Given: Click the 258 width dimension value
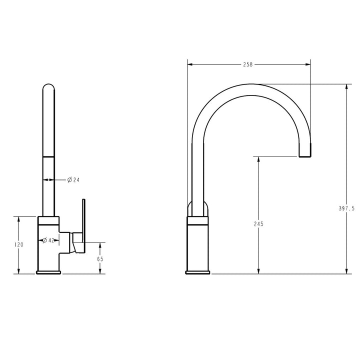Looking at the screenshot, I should tap(248, 64).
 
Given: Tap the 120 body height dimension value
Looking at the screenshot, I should tap(18, 245).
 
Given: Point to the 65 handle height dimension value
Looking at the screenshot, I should tap(100, 259).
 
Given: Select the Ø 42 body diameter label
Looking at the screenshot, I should tap(48, 240).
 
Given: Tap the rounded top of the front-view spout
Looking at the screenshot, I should tap(48, 88).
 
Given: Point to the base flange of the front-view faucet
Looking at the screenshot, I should tap(48, 272).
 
